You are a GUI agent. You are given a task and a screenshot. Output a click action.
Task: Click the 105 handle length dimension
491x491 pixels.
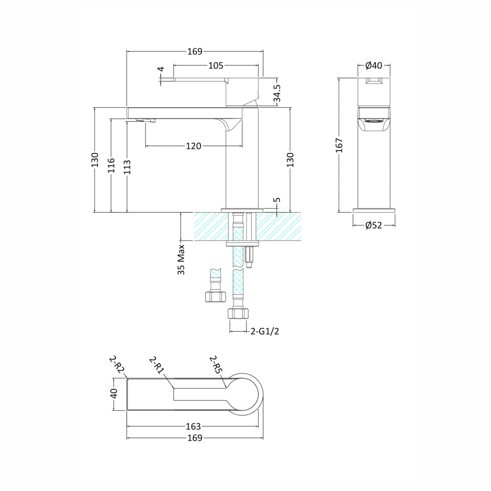(x=216, y=65)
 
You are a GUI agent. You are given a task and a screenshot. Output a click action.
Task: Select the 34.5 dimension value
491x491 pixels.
(x=277, y=93)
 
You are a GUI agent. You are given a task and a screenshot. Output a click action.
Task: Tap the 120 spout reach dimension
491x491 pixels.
(x=194, y=146)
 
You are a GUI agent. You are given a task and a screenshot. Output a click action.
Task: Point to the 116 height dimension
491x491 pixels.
(x=111, y=165)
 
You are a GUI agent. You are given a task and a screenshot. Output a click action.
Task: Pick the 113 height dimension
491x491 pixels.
(x=127, y=167)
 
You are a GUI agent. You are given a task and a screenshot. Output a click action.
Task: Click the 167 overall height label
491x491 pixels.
(x=339, y=145)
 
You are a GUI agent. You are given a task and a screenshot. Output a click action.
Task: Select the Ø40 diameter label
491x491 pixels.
(x=374, y=65)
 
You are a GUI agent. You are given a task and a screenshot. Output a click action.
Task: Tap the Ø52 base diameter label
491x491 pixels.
(x=374, y=225)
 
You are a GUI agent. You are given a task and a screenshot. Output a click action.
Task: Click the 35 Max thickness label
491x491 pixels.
(x=182, y=260)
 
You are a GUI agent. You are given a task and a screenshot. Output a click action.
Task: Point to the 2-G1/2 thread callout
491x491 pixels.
(x=264, y=331)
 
